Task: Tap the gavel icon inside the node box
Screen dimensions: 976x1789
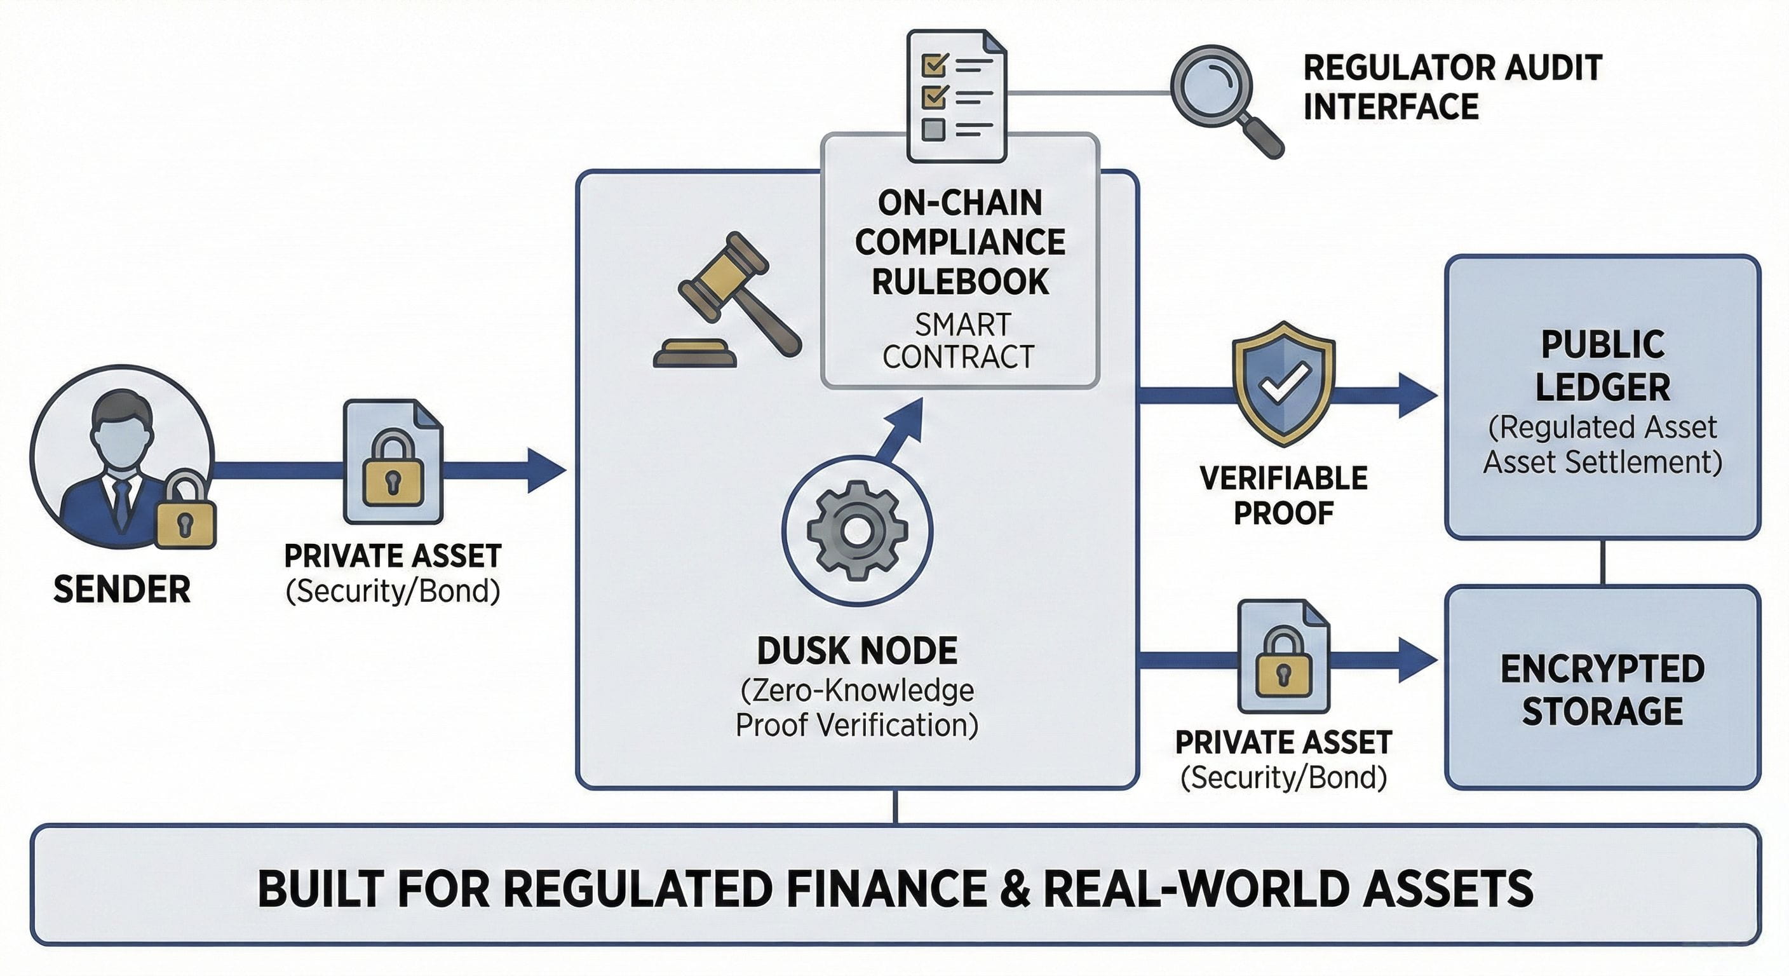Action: (726, 299)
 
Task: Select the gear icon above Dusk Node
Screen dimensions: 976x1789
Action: (857, 530)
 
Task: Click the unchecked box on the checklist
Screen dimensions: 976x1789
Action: (933, 129)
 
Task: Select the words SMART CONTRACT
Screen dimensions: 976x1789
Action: (959, 341)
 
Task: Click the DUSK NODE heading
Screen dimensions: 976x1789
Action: (857, 651)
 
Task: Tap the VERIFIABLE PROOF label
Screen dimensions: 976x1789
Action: (1283, 495)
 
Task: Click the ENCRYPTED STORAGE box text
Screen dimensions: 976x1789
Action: (1602, 689)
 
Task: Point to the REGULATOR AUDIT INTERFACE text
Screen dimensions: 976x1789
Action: (1452, 88)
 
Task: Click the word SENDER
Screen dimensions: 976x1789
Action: (122, 590)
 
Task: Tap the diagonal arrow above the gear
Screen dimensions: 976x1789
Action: (903, 427)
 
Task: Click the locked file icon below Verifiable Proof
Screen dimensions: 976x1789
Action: (1283, 656)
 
